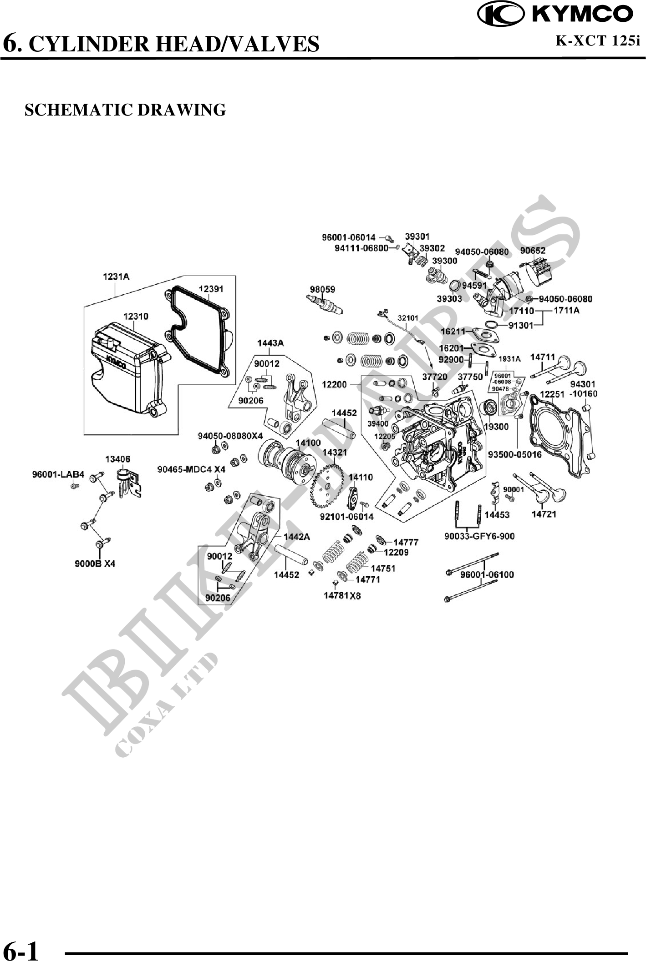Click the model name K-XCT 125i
pos(597,41)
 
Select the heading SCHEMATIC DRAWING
pos(125,110)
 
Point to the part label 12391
pos(211,289)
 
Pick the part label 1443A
pos(270,343)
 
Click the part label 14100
pos(308,443)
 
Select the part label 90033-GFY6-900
pos(479,536)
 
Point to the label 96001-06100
pos(487,574)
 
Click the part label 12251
pos(552,394)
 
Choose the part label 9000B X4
pos(95,564)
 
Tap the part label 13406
pos(117,459)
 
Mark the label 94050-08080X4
pos(230,436)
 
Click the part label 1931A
pos(509,359)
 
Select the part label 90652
pos(533,251)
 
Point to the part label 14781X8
pos(342,595)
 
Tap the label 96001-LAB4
pos(58,475)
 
